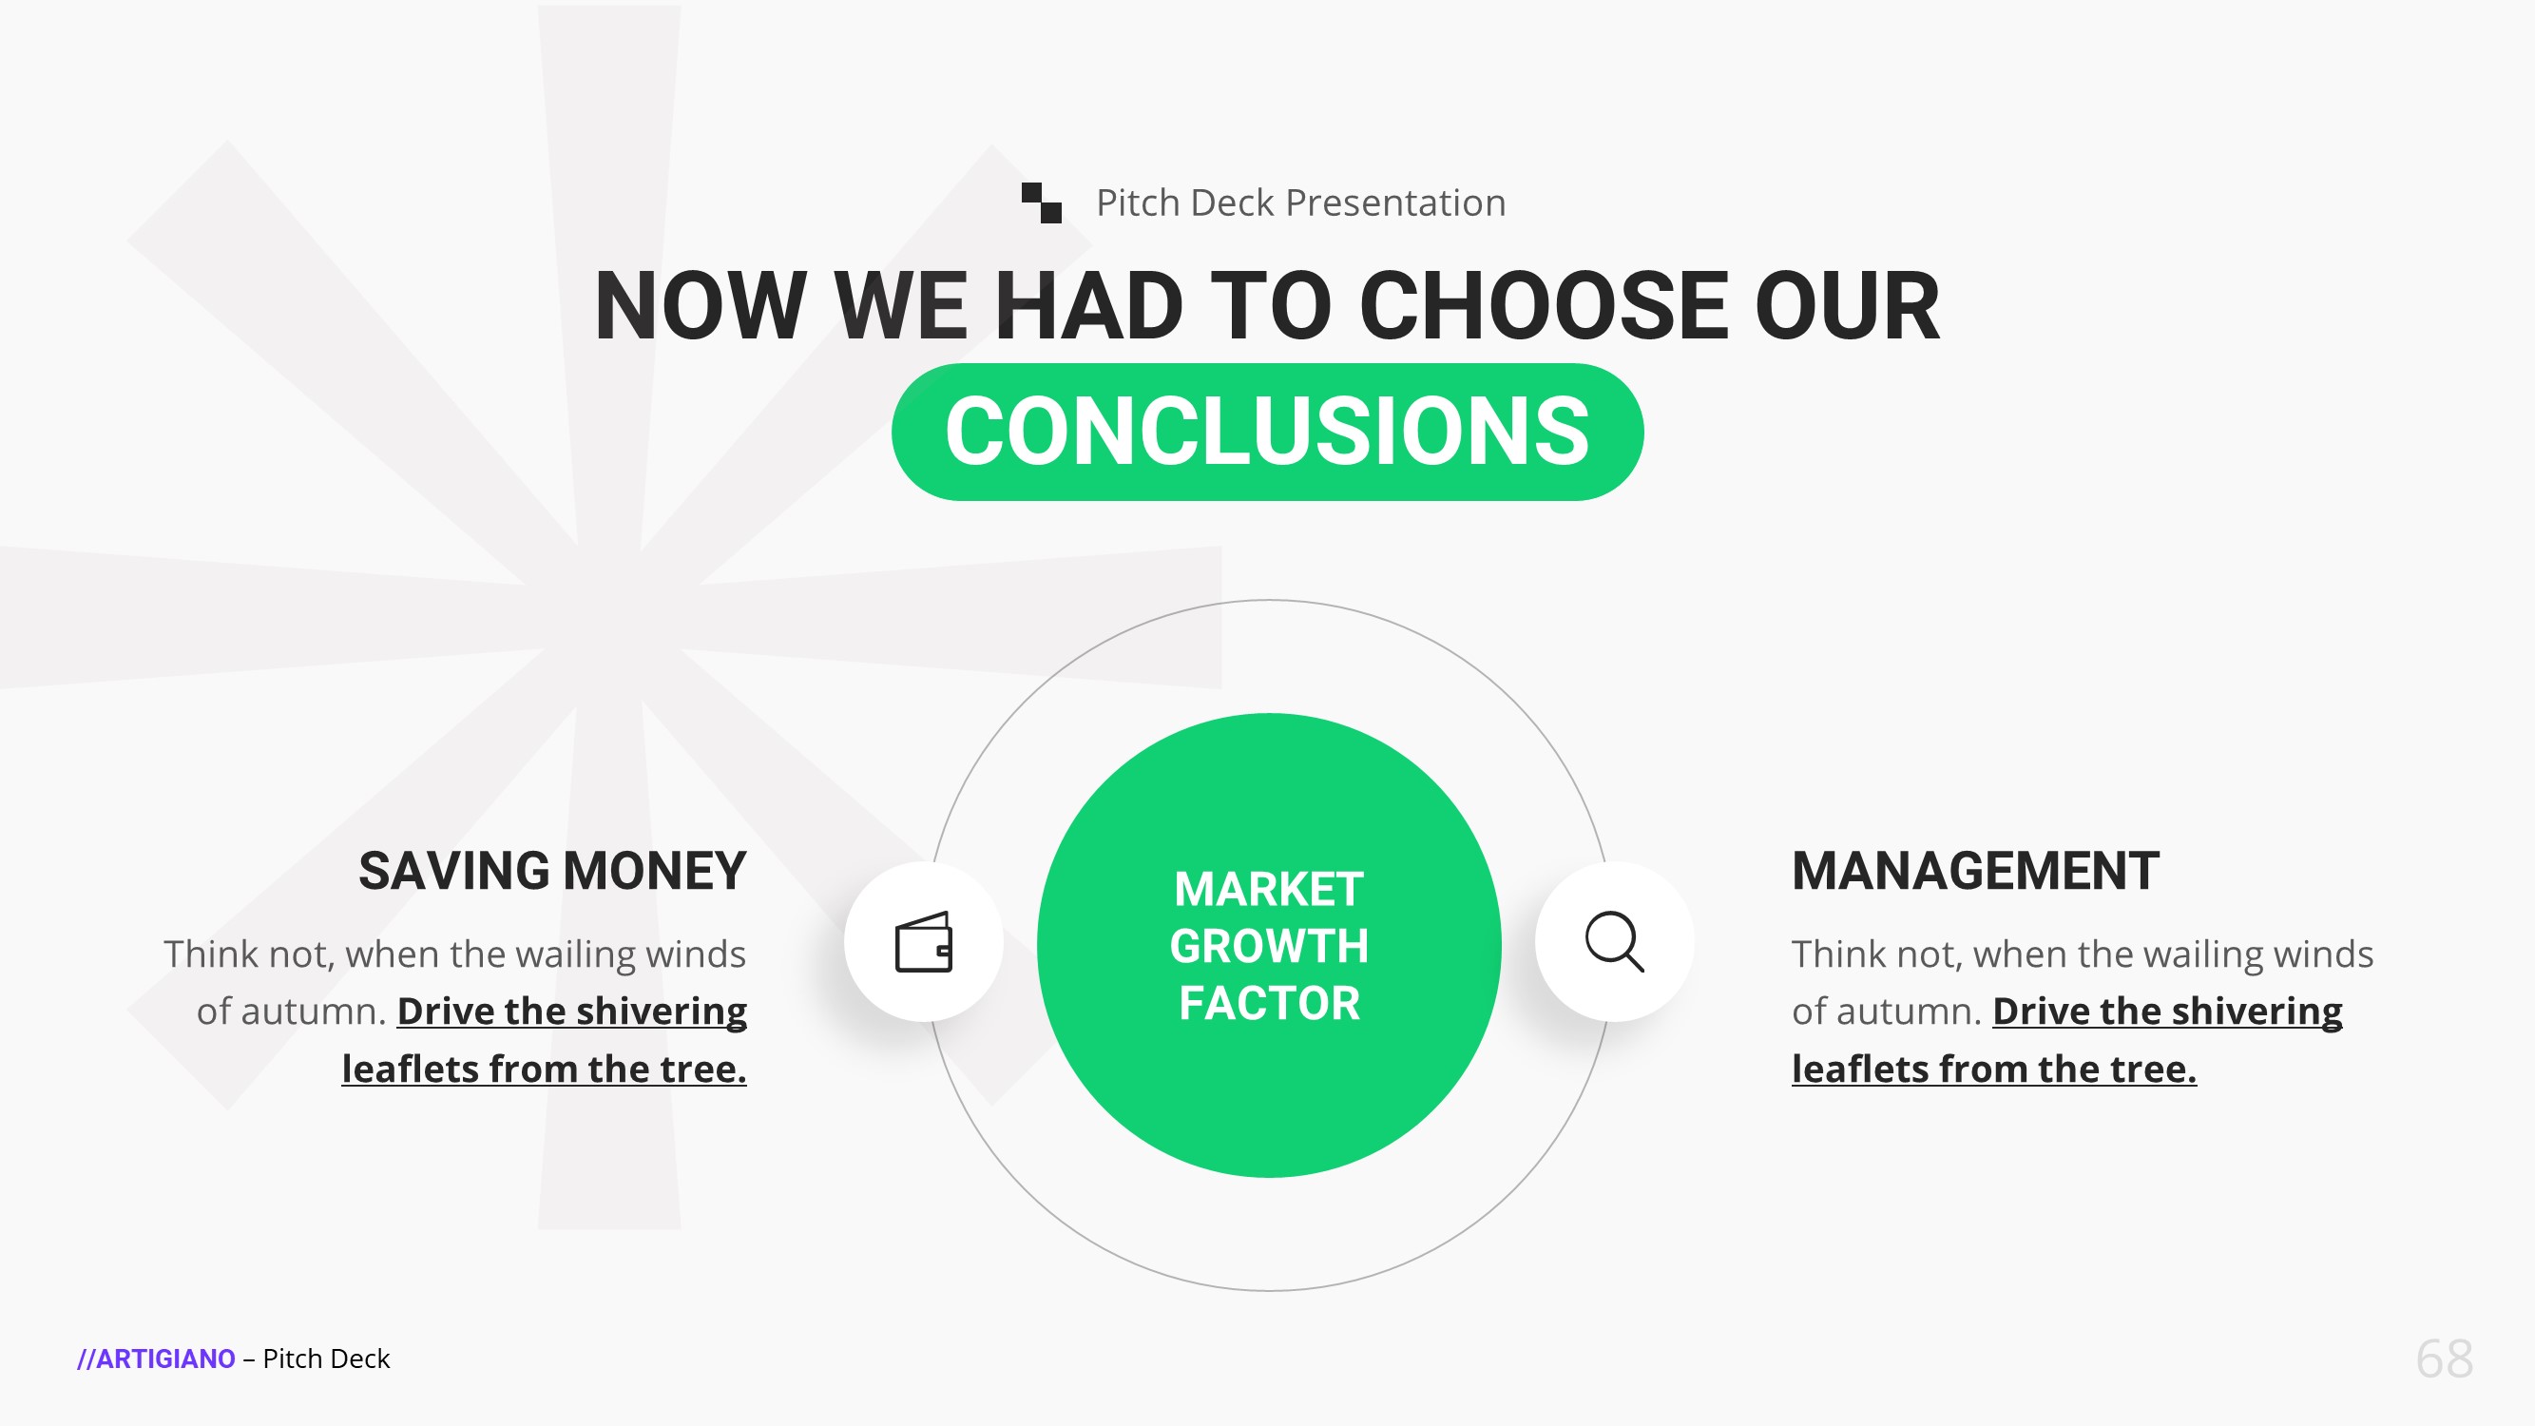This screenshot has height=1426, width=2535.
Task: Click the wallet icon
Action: point(923,942)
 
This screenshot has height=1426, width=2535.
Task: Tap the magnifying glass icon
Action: point(1614,942)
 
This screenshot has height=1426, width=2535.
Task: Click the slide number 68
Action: point(2445,1359)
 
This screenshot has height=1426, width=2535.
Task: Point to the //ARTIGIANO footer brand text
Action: point(157,1359)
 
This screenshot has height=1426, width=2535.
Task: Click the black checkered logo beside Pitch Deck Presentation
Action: point(1041,202)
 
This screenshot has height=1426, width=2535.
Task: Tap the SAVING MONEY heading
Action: point(552,871)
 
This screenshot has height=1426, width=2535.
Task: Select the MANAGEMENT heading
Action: point(1975,871)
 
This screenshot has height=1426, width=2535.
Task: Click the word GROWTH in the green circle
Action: point(1269,946)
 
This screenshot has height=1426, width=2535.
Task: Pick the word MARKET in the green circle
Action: point(1269,890)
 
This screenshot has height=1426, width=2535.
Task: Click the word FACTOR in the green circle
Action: point(1269,1003)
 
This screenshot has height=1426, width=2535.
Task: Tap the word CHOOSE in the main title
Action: point(1543,306)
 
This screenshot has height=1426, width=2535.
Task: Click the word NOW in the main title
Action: point(701,306)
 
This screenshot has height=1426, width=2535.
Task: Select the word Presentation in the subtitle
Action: point(1395,202)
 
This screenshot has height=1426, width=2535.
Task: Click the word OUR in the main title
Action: point(1847,306)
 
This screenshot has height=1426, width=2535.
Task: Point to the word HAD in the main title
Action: point(1088,306)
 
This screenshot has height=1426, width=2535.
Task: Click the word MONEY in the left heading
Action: point(654,871)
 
